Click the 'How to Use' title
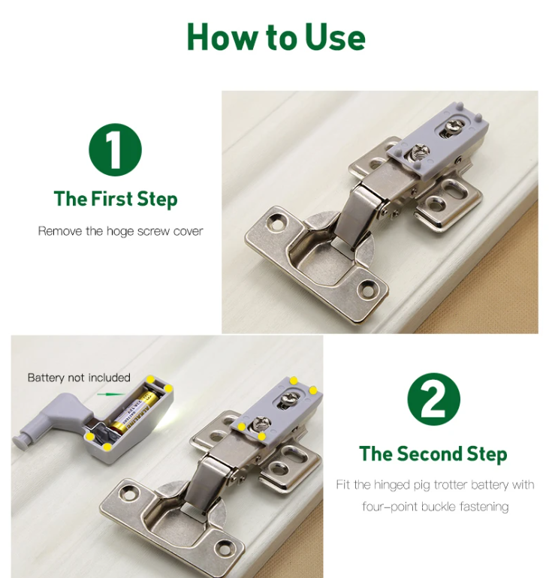(276, 38)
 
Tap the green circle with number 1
(116, 149)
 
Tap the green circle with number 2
(433, 399)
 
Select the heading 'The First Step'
(116, 199)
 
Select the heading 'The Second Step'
(433, 454)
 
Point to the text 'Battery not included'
(79, 378)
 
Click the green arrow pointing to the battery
(111, 394)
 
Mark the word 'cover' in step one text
(188, 231)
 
